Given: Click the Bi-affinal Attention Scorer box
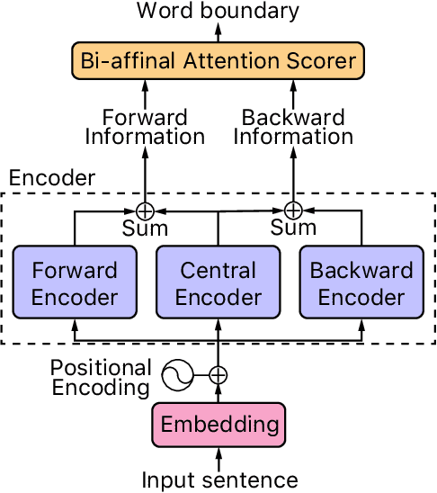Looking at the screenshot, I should click(217, 61).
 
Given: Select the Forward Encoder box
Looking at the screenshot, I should click(75, 283).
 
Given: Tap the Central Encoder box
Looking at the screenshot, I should click(218, 283).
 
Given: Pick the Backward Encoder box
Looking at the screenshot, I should click(361, 283).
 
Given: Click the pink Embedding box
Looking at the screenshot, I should click(218, 422).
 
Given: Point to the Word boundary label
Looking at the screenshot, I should click(218, 12).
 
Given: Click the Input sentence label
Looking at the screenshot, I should click(218, 480).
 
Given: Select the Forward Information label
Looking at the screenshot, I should click(145, 127).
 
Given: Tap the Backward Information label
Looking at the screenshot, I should click(293, 127).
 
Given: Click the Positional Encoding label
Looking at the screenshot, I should click(101, 378).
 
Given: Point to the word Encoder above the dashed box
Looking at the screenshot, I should click(51, 178).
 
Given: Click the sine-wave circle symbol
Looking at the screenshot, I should click(178, 375).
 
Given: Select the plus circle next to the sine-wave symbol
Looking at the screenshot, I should click(218, 375).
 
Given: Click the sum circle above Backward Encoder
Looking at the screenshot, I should click(293, 210).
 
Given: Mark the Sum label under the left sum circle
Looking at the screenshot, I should click(145, 229).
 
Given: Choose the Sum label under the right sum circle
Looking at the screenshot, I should click(293, 229).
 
